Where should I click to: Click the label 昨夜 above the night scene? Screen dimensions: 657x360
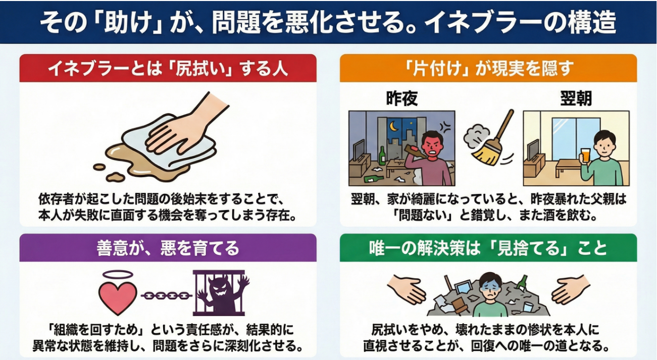[x=402, y=98]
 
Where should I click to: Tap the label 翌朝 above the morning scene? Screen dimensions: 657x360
[x=576, y=98]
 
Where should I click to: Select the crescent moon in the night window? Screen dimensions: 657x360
[x=393, y=126]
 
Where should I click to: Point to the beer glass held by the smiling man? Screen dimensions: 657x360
[x=585, y=156]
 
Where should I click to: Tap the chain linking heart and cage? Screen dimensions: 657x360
[x=166, y=296]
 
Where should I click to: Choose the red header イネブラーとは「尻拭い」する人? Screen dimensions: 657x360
[x=168, y=68]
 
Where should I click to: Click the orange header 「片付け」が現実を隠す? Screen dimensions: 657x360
[x=488, y=68]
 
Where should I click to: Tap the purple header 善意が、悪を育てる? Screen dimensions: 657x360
[x=168, y=248]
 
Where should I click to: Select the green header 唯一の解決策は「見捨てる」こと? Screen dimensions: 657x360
[x=488, y=248]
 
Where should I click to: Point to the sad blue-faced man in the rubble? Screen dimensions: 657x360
[x=490, y=295]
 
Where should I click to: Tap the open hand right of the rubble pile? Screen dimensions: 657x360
[x=571, y=289]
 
